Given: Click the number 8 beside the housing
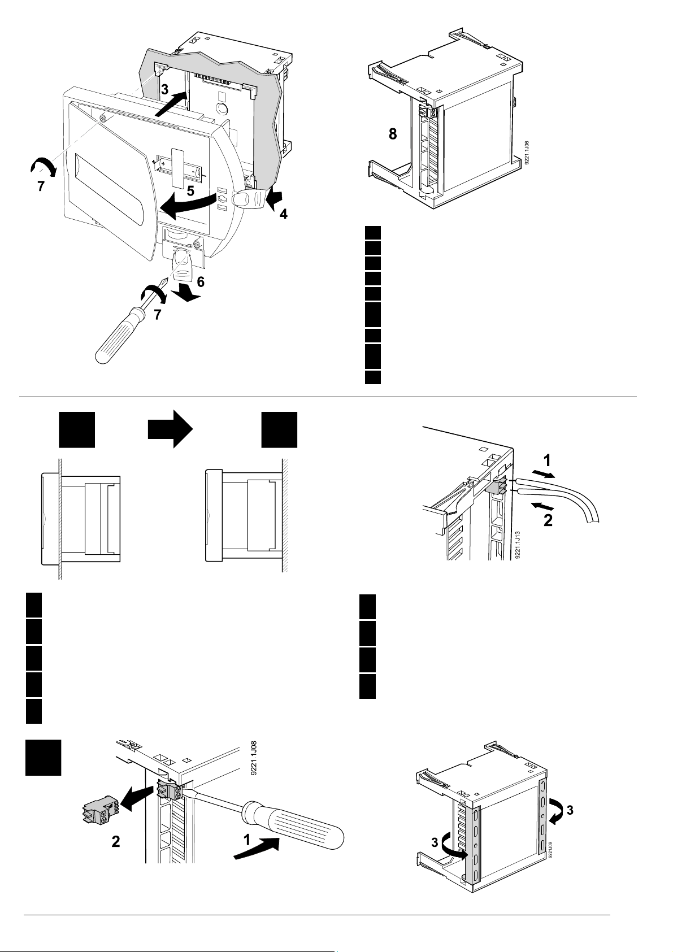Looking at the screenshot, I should [392, 134].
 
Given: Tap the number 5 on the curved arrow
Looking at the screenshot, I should [192, 191].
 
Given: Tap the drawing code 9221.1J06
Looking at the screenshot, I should [526, 153].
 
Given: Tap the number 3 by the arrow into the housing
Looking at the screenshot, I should [164, 89].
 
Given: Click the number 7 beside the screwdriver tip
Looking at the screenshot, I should [158, 315].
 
